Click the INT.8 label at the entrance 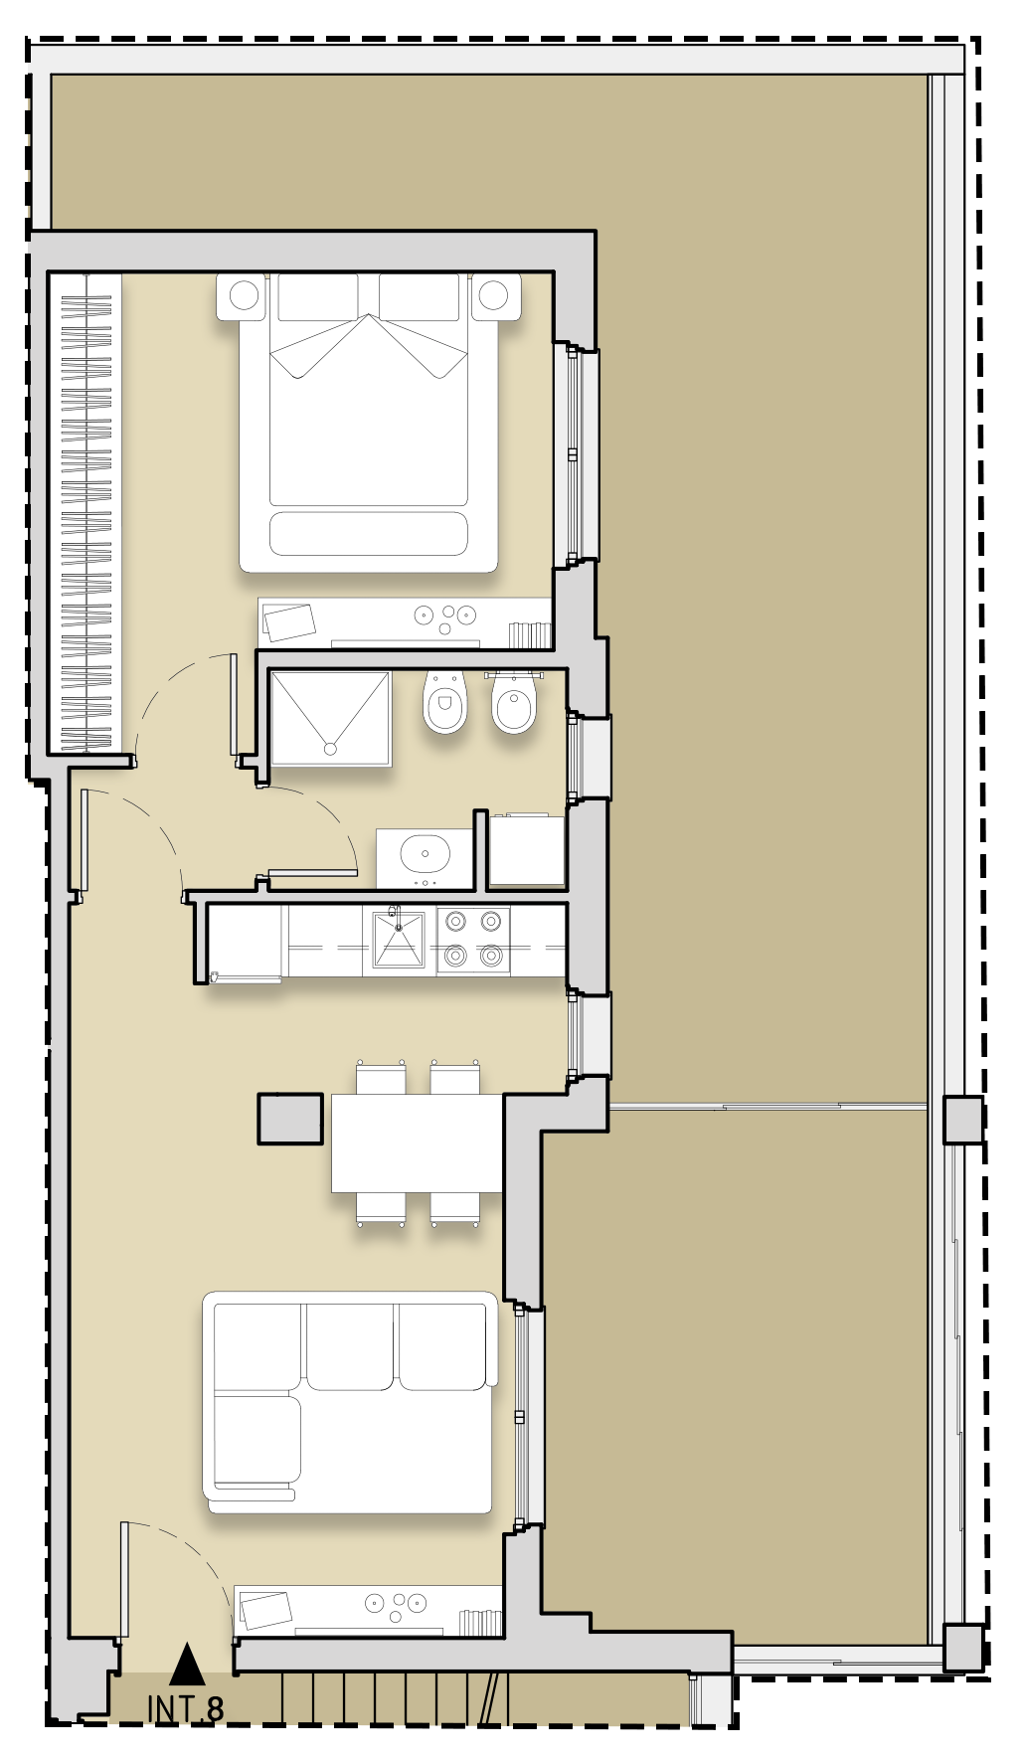[x=186, y=1709]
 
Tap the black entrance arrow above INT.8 [x=187, y=1665]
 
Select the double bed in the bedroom [x=369, y=423]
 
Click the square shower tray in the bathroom [x=331, y=718]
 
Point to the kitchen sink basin [x=399, y=939]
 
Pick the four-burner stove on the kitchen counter [x=473, y=939]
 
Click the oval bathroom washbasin [x=426, y=853]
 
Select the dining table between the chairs [x=418, y=1143]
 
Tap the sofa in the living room [x=350, y=1402]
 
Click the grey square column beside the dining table [x=290, y=1119]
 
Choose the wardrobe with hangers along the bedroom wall [x=86, y=512]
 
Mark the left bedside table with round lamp [x=244, y=295]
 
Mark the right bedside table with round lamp [x=495, y=295]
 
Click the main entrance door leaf [x=125, y=1579]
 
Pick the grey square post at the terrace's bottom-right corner [x=962, y=1648]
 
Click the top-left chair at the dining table [x=381, y=1078]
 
